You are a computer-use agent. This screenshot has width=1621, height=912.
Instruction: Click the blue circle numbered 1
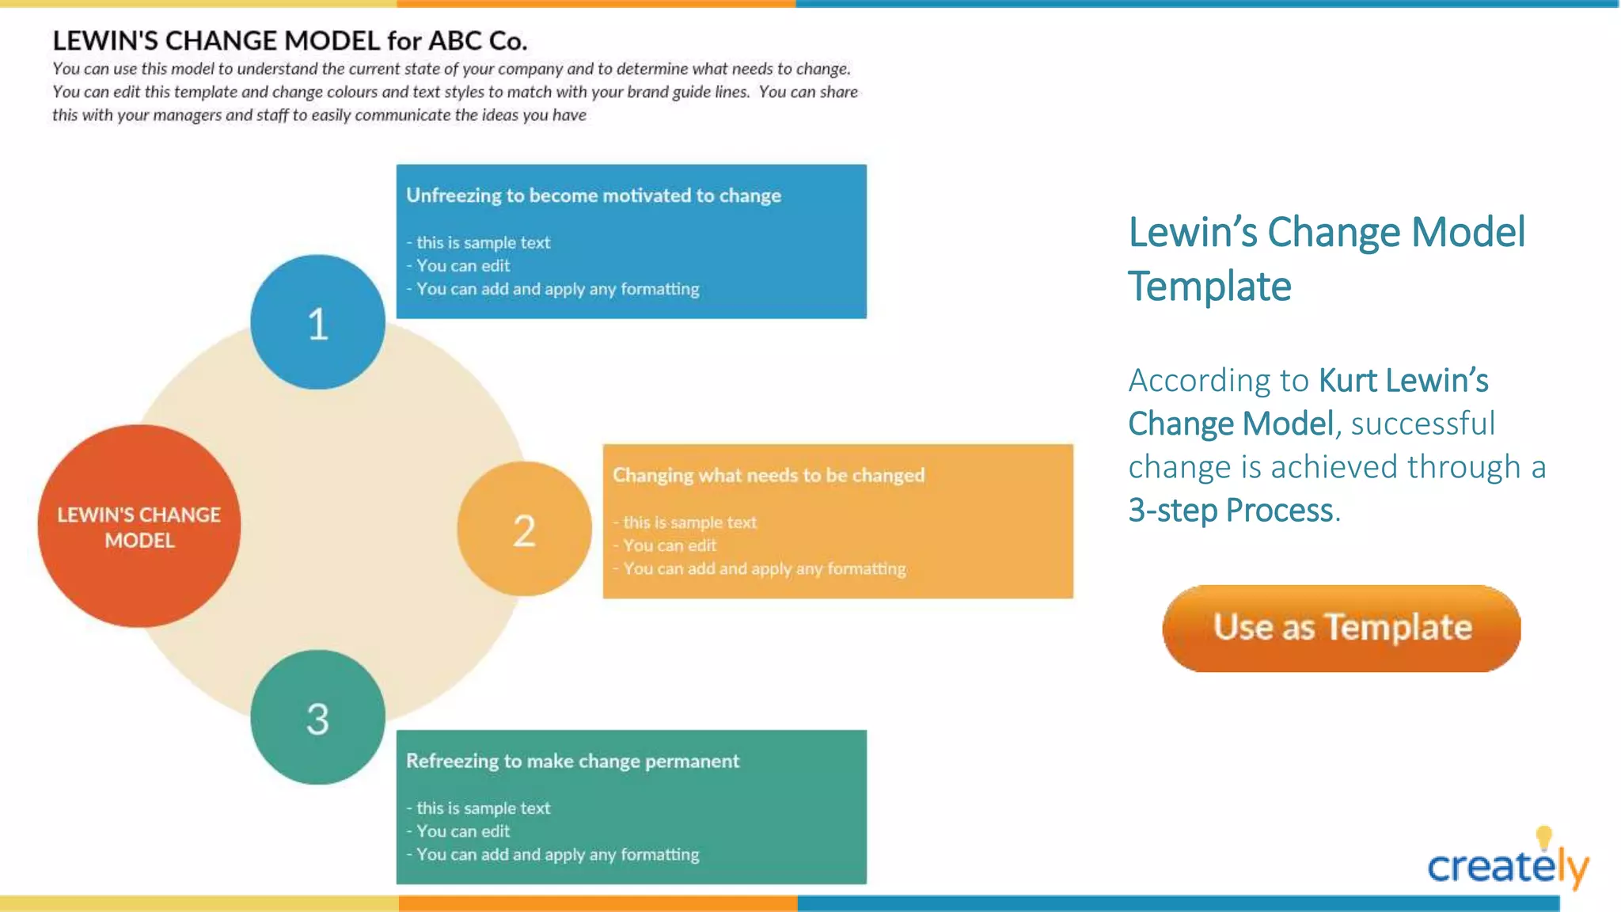click(317, 322)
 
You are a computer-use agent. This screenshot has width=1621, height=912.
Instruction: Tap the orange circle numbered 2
click(524, 529)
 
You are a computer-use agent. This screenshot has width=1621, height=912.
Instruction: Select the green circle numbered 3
click(317, 717)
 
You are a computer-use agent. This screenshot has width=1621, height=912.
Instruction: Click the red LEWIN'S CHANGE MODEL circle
click(139, 526)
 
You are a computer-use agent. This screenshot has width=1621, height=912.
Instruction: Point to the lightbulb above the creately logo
click(1543, 837)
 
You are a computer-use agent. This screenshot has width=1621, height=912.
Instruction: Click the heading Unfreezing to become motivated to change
click(594, 196)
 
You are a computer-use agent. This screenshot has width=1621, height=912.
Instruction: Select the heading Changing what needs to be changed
click(769, 475)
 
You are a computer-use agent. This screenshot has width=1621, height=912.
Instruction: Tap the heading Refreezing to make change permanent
click(572, 761)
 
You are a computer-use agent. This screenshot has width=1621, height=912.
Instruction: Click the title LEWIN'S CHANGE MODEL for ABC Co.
click(290, 40)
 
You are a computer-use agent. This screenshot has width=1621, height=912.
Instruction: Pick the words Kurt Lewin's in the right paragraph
click(1403, 381)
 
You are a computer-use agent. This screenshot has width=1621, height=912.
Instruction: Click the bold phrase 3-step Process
click(1231, 511)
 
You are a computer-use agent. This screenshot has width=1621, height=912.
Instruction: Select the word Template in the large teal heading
click(1209, 287)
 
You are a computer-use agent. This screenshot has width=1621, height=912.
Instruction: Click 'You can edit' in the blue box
click(463, 266)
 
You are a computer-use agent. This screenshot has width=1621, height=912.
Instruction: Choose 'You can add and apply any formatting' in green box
click(557, 855)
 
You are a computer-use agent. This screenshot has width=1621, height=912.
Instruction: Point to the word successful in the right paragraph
click(1423, 424)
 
